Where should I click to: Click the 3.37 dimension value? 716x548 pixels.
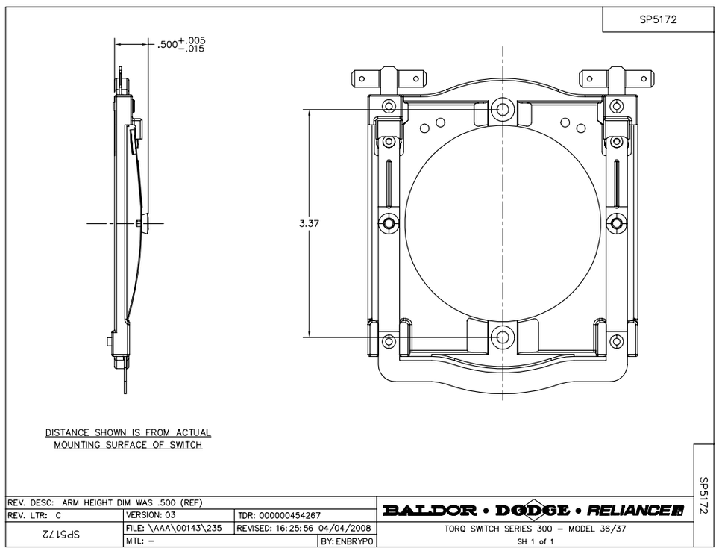click(309, 223)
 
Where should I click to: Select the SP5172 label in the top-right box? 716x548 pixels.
click(657, 20)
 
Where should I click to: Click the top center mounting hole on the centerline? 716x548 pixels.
click(503, 110)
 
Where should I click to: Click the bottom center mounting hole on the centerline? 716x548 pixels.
click(503, 337)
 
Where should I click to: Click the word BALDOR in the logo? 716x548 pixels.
click(430, 511)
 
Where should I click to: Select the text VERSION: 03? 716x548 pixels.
click(151, 515)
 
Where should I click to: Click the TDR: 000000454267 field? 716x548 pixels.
click(279, 515)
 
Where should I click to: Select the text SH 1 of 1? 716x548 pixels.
click(535, 541)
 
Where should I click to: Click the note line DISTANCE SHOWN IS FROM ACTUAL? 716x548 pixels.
click(128, 432)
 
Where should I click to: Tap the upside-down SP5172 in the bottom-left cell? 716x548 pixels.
click(63, 535)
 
